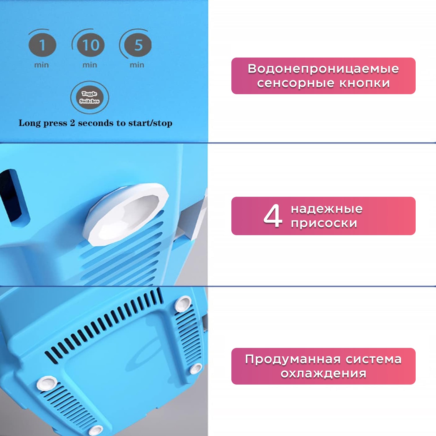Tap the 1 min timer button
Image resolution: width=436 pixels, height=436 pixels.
click(x=42, y=45)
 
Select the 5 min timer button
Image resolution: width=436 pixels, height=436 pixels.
click(x=138, y=45)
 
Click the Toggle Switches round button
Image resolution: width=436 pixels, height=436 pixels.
click(x=90, y=97)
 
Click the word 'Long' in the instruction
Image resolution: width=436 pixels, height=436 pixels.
click(x=30, y=123)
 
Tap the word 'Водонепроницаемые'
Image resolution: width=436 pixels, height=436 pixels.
click(x=323, y=69)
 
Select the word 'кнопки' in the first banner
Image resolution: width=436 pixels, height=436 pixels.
click(x=364, y=83)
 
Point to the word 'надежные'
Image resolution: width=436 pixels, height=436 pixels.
click(x=327, y=209)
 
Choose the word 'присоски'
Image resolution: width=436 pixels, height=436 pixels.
click(x=324, y=223)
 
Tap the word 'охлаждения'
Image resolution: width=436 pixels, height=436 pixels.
click(x=323, y=374)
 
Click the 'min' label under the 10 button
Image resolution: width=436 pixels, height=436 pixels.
click(x=90, y=65)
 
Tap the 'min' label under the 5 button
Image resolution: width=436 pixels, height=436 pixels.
click(x=137, y=65)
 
